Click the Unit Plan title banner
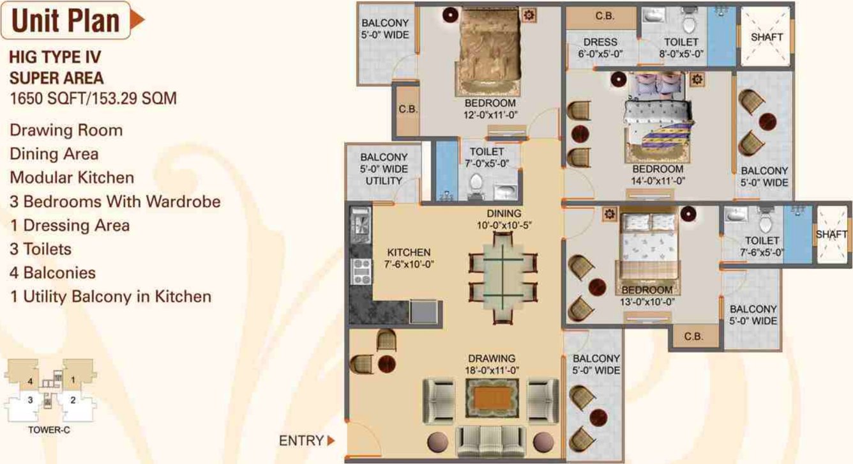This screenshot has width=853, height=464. click(67, 20)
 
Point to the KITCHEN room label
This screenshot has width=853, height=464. click(409, 252)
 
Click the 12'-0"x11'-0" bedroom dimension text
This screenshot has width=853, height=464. click(490, 115)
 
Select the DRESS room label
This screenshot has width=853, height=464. click(600, 42)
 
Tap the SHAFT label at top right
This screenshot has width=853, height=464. click(767, 37)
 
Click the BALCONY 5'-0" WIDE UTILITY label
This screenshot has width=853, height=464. click(383, 169)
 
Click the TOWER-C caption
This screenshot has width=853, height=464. click(49, 430)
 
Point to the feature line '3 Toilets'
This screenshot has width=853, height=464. click(40, 249)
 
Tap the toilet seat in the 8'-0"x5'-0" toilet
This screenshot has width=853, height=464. click(688, 24)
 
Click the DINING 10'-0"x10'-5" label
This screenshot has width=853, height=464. click(504, 219)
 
